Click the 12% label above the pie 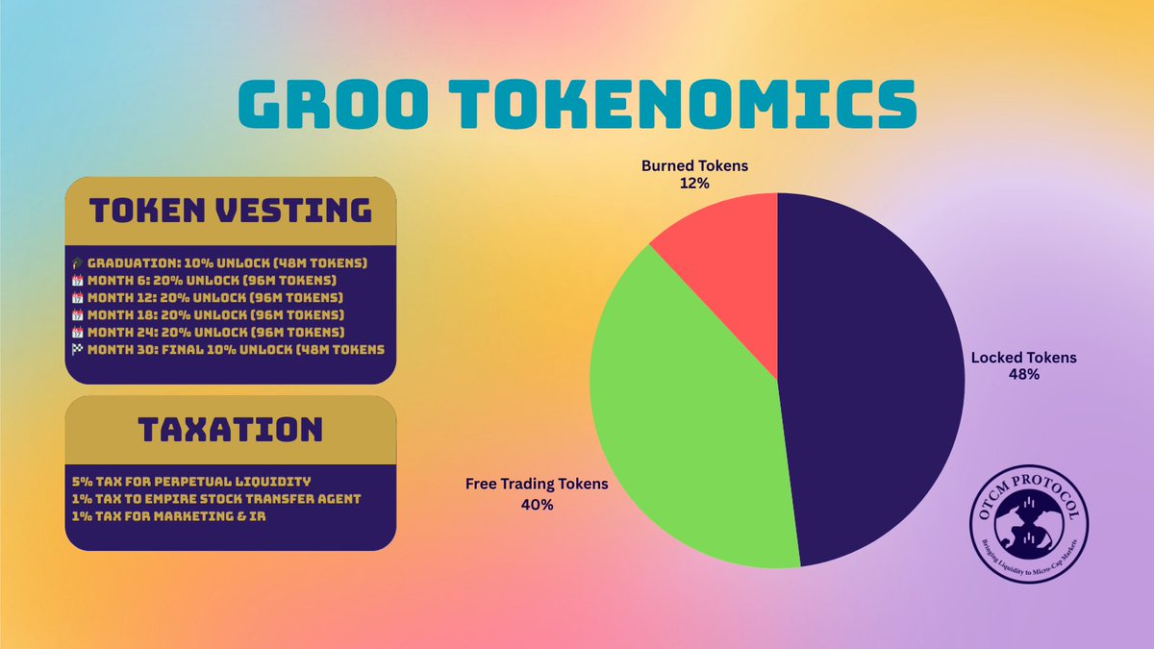694,183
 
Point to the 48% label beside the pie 1023,375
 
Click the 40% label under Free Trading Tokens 537,504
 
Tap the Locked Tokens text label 1023,358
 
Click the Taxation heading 230,428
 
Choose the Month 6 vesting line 212,279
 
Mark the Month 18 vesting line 215,313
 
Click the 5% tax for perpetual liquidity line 191,480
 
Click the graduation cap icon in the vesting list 77,262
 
